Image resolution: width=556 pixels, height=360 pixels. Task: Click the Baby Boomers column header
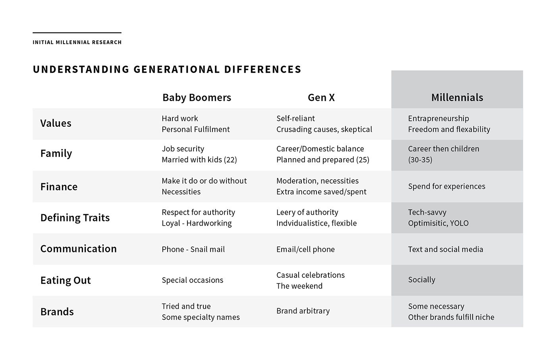click(197, 98)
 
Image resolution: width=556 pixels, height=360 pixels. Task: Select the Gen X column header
click(321, 98)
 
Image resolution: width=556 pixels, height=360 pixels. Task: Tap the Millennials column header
click(457, 98)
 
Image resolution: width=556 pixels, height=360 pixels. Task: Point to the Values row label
click(56, 123)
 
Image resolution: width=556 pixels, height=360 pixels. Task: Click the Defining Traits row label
click(75, 218)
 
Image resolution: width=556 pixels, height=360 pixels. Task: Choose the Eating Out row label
click(66, 281)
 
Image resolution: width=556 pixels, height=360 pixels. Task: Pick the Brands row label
click(57, 312)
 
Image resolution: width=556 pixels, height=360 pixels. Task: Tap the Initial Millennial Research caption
click(77, 42)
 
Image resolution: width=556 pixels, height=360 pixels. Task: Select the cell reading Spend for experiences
click(446, 186)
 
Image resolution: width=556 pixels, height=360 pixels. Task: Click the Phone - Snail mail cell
click(193, 250)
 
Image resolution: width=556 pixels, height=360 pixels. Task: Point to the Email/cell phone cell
click(305, 250)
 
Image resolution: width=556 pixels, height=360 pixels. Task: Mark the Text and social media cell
click(445, 250)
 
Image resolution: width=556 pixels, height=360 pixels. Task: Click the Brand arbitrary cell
click(303, 311)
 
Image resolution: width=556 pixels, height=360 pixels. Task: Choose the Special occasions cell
click(192, 280)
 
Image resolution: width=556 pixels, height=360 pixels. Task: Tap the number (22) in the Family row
click(230, 160)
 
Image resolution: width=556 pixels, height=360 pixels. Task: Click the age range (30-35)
click(420, 160)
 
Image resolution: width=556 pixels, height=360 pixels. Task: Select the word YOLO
click(459, 223)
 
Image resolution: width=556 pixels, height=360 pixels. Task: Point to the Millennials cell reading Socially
click(421, 280)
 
